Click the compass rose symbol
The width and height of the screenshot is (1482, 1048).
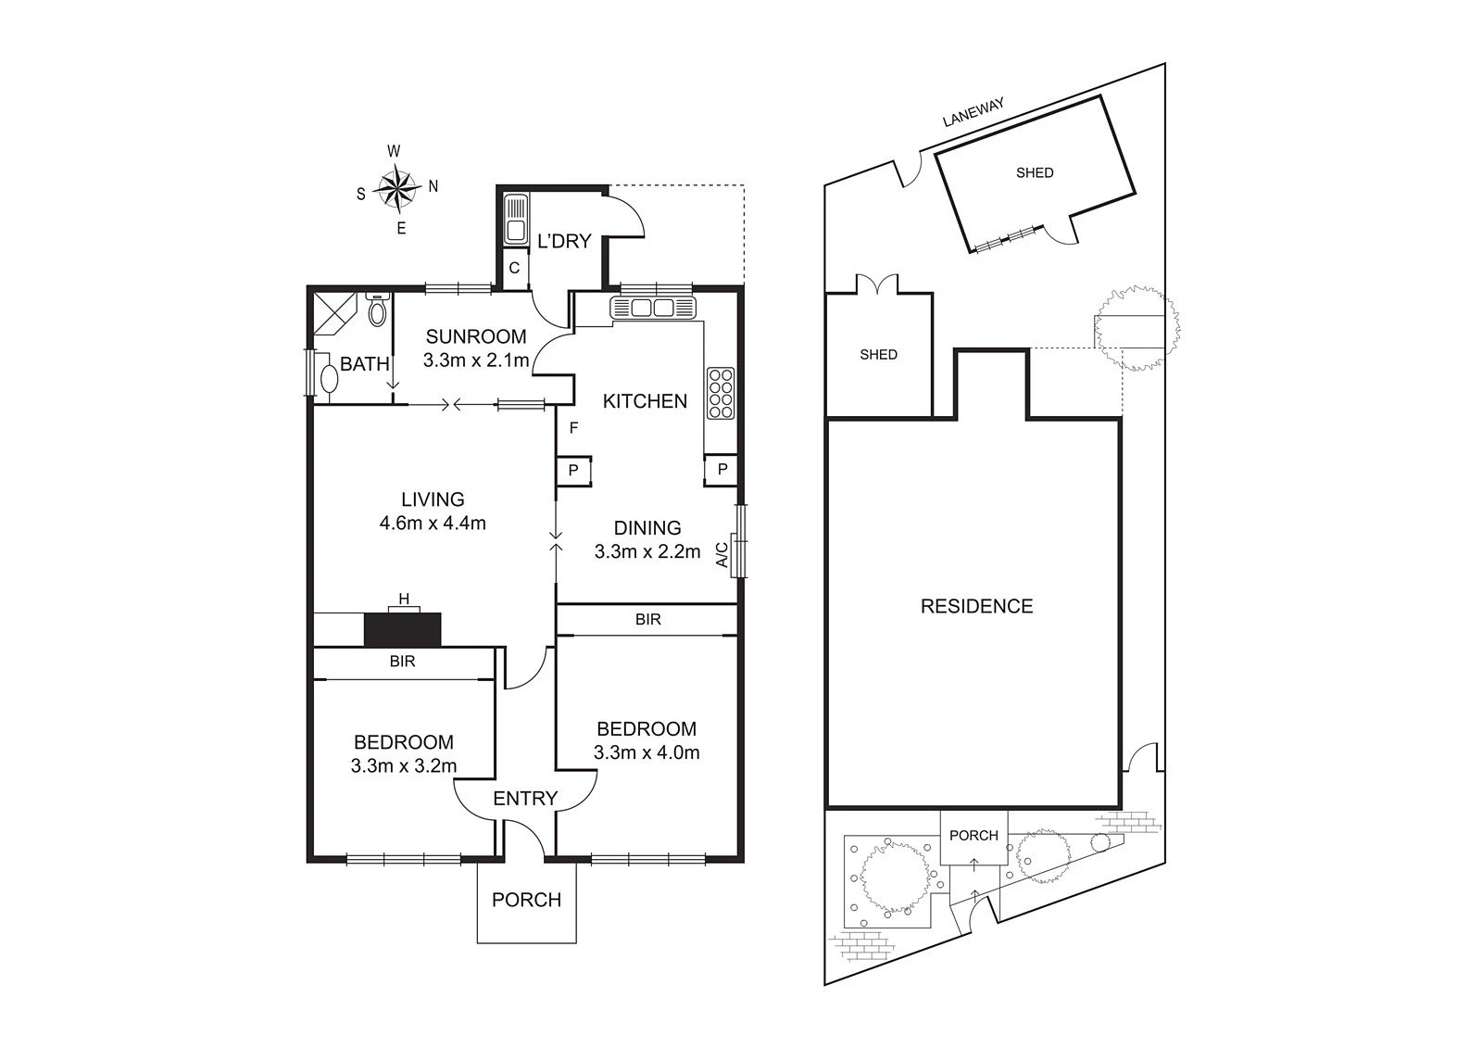coord(397,189)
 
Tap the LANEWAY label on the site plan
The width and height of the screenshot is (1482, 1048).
coord(973,112)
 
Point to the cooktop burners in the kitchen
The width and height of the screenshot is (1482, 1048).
coord(721,393)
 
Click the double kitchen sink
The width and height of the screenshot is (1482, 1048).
coord(653,308)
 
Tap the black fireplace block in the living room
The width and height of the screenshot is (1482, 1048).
coord(402,629)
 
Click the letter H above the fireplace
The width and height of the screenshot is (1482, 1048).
coord(404,600)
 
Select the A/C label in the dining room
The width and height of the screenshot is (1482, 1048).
coord(722,555)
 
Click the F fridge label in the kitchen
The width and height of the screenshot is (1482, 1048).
coord(573,428)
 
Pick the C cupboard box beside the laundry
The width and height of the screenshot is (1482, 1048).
coord(515,268)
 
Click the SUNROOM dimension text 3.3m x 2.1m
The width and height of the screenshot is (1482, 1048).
coord(476,360)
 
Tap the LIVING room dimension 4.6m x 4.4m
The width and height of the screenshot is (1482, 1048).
coord(433,523)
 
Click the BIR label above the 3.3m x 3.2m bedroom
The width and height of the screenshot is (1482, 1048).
coord(402,662)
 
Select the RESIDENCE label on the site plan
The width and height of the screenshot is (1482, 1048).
coord(976,606)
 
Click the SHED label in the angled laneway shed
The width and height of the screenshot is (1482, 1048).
coord(1035,172)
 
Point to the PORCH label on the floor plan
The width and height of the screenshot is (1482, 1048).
coord(527,900)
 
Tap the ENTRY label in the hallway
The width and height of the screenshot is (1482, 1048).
coord(525,799)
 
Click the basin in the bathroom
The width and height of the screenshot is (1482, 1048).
coord(329,378)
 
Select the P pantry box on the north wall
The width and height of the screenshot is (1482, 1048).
coord(722,470)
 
